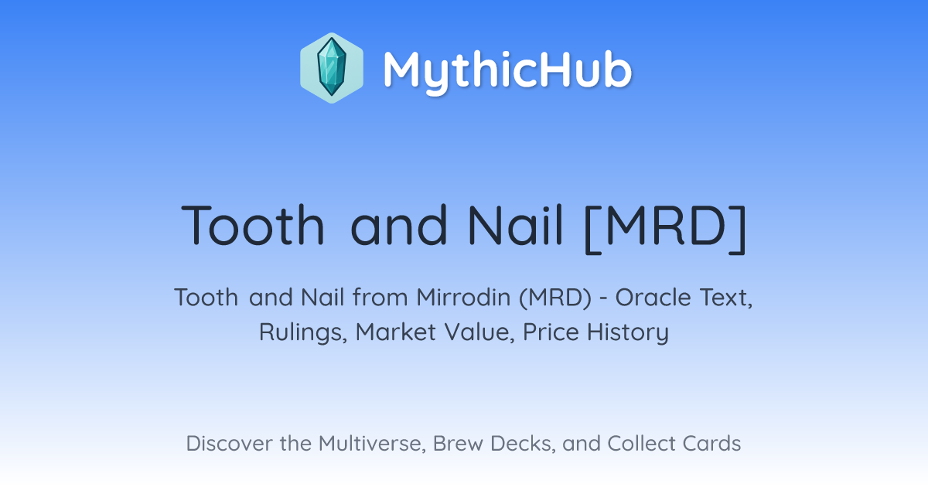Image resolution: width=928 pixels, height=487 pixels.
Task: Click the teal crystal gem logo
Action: click(x=332, y=68)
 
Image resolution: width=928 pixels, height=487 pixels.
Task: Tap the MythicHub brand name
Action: click(x=507, y=70)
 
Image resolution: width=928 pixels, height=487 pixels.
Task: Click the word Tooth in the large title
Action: click(x=253, y=226)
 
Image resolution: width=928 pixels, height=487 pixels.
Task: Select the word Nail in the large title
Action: click(x=515, y=226)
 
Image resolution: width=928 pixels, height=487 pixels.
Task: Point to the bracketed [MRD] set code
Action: click(x=665, y=228)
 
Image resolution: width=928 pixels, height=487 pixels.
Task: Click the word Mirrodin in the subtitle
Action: click(x=463, y=298)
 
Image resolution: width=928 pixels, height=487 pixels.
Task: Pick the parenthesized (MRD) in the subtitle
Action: click(x=555, y=298)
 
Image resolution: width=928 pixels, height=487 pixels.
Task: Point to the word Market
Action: click(x=396, y=332)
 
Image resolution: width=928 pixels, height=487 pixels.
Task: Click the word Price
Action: click(x=551, y=332)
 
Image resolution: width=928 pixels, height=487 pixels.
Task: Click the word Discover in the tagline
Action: click(x=229, y=444)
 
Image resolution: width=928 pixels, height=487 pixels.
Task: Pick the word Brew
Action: click(x=458, y=444)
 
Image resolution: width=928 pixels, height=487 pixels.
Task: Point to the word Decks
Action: click(x=523, y=444)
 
